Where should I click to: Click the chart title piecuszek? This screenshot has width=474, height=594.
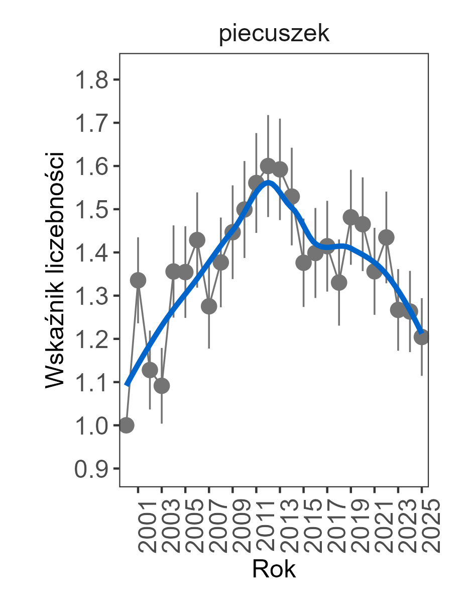point(274,35)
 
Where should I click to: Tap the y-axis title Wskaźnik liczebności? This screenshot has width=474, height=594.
point(55,270)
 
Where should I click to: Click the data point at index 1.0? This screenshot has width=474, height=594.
point(126,425)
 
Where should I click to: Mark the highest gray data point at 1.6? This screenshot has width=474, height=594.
point(268,166)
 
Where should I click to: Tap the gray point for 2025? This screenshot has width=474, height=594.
point(422,337)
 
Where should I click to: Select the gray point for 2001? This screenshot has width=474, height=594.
point(138,280)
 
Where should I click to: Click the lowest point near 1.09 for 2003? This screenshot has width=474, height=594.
point(162,386)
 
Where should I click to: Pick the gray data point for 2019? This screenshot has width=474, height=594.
point(351,217)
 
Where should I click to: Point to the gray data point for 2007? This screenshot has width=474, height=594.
point(209,306)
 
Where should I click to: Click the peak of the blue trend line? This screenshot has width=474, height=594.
point(268,182)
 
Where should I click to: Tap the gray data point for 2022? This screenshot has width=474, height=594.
point(386,237)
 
